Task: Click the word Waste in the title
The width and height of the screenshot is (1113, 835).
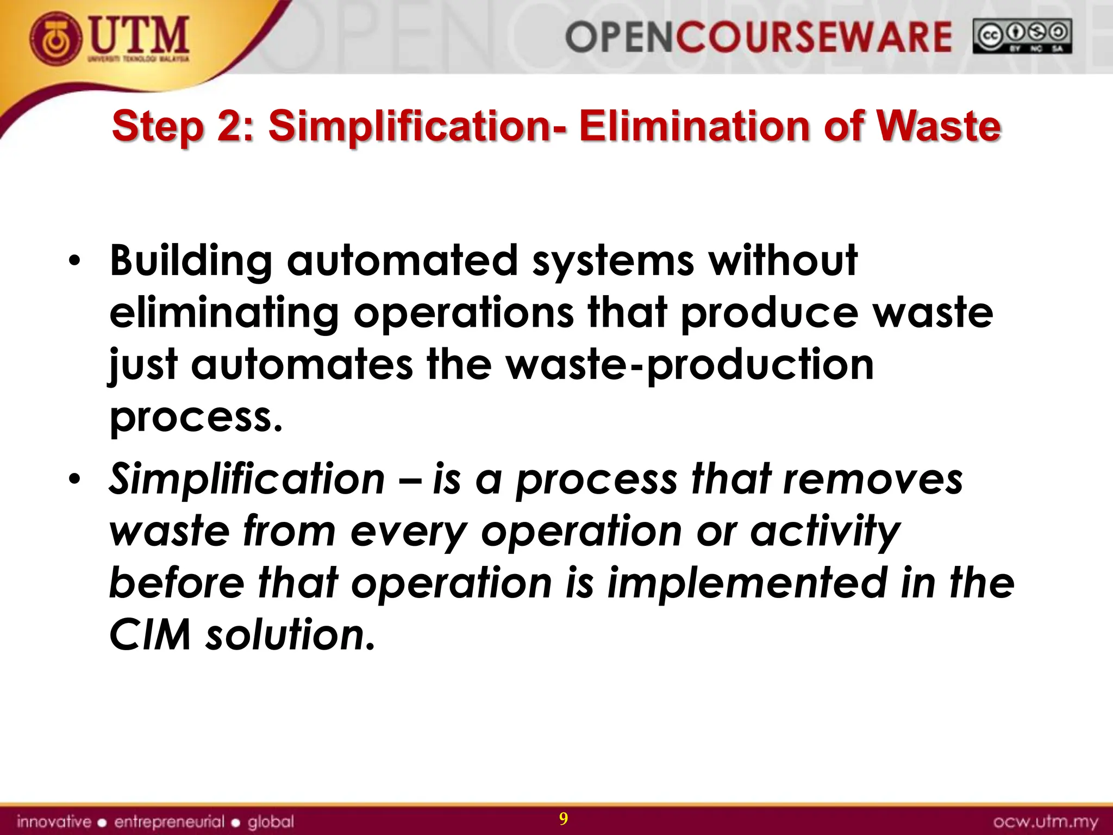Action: click(x=939, y=126)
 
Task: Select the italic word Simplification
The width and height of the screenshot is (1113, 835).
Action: click(x=247, y=479)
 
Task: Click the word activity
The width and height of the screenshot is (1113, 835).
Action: click(x=826, y=532)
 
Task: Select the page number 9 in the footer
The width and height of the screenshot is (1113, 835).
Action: click(x=564, y=819)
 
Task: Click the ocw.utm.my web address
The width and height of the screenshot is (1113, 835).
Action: click(x=1045, y=821)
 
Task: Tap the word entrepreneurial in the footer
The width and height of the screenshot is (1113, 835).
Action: click(x=169, y=821)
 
